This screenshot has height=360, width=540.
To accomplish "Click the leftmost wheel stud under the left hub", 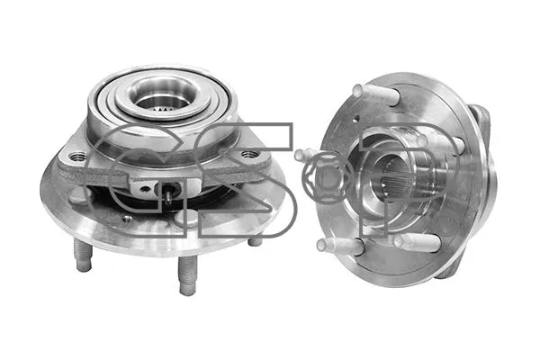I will [x=83, y=257].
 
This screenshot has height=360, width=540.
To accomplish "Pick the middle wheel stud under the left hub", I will [x=186, y=274].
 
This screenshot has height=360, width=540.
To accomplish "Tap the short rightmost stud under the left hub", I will [x=256, y=239].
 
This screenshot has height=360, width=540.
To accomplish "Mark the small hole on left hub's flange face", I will [x=126, y=217].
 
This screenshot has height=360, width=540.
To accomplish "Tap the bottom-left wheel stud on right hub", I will [x=338, y=244].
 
